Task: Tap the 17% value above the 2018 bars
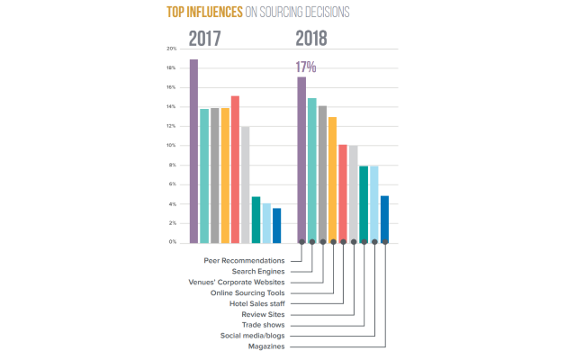(305, 67)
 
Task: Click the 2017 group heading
(206, 38)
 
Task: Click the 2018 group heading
(311, 38)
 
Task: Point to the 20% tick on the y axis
(171, 49)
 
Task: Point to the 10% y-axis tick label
(171, 145)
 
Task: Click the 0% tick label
(172, 242)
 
